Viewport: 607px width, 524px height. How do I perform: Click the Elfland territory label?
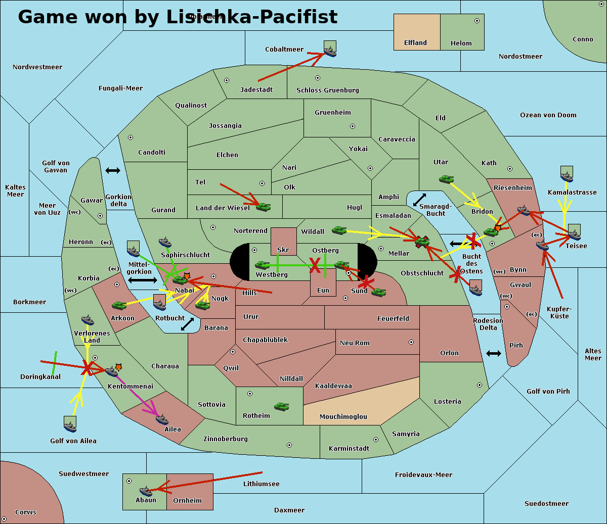pyautogui.click(x=415, y=43)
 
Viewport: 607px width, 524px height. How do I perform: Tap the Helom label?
pyautogui.click(x=461, y=43)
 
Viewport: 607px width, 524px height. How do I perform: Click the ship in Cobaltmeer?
pyautogui.click(x=330, y=51)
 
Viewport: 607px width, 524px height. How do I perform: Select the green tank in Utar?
pyautogui.click(x=446, y=179)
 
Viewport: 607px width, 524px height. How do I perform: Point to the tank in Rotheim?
pyautogui.click(x=282, y=406)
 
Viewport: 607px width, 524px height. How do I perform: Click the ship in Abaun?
pyautogui.click(x=146, y=491)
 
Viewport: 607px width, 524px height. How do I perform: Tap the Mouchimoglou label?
pyautogui.click(x=343, y=417)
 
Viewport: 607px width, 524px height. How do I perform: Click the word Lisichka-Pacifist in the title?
pyautogui.click(x=251, y=17)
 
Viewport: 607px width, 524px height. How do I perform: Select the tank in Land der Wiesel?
pyautogui.click(x=263, y=206)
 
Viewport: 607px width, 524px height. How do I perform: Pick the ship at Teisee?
pyautogui.click(x=574, y=234)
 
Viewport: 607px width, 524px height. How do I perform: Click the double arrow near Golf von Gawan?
pyautogui.click(x=112, y=171)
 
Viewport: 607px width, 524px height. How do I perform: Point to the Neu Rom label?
pyautogui.click(x=355, y=343)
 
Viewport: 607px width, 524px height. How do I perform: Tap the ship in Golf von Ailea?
pyautogui.click(x=70, y=427)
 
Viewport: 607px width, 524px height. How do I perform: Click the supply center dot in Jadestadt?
pyautogui.click(x=227, y=80)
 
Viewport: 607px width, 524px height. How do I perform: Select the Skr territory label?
pyautogui.click(x=283, y=250)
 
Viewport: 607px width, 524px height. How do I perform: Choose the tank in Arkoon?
pyautogui.click(x=119, y=305)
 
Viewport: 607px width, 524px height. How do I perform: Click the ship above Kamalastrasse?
pyautogui.click(x=567, y=176)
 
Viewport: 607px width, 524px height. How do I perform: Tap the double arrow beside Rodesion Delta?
pyautogui.click(x=494, y=353)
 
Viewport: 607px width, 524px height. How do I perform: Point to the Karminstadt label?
pyautogui.click(x=349, y=449)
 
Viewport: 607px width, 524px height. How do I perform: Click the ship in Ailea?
pyautogui.click(x=162, y=419)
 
